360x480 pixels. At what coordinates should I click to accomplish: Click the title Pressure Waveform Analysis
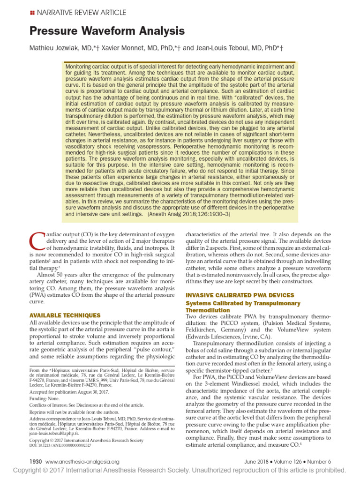coord(107,31)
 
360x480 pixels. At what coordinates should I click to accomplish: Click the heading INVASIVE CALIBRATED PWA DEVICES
coord(240,295)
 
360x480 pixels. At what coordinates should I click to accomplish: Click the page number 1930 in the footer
coord(36,461)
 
